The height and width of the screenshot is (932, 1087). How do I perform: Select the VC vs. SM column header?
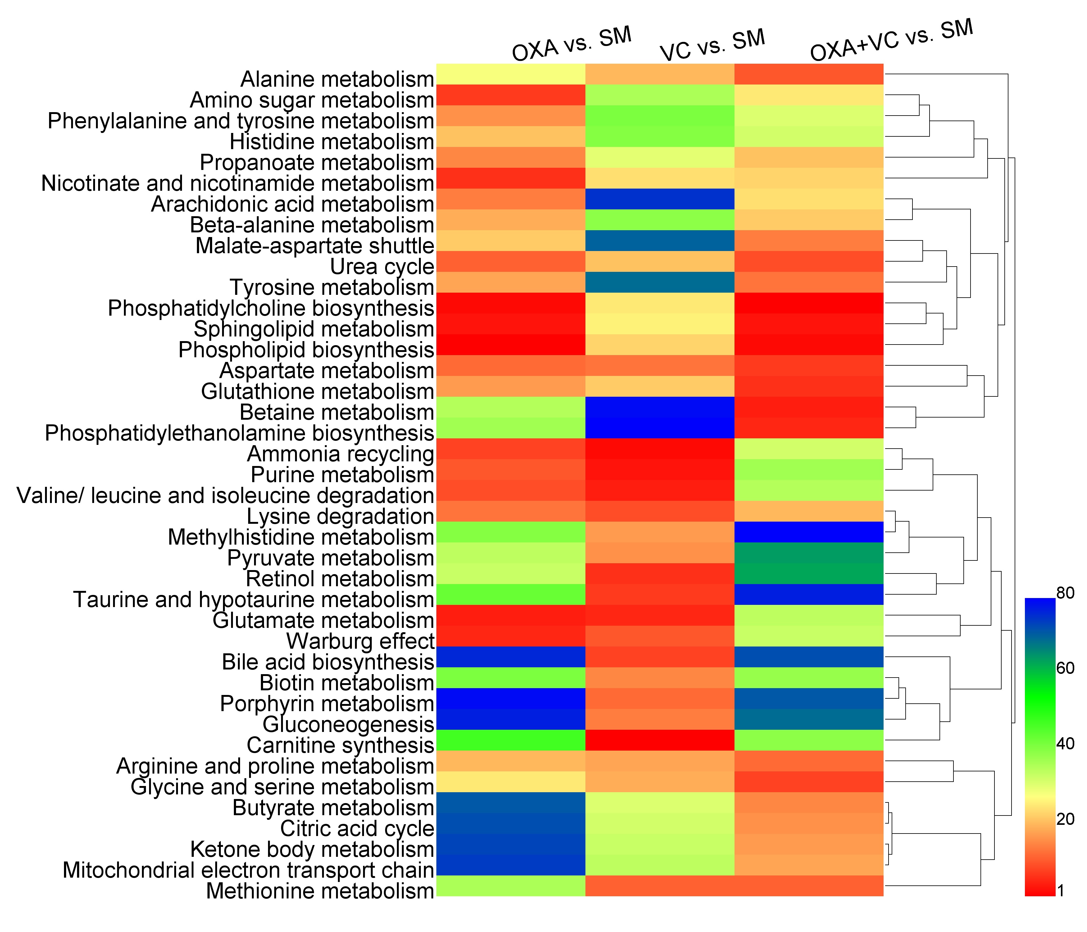712,45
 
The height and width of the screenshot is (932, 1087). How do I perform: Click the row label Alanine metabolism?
337,79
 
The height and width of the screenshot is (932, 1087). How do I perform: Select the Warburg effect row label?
360,641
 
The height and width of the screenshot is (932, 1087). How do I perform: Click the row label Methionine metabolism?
320,891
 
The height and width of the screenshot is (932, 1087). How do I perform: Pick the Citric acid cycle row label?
357,828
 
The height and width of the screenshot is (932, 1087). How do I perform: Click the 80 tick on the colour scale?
1065,593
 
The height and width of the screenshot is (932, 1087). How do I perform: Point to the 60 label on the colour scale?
1065,668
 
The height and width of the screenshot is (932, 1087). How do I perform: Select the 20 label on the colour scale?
1065,819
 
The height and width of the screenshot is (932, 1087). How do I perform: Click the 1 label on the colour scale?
1061,891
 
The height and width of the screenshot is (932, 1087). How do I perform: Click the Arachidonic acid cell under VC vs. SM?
659,199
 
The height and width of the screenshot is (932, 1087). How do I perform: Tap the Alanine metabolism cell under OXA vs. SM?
511,74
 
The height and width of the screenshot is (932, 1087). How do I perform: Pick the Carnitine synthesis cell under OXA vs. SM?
511,740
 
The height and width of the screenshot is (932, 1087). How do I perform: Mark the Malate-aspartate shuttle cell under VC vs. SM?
659,240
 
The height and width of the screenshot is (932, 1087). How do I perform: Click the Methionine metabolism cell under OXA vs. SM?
511,886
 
